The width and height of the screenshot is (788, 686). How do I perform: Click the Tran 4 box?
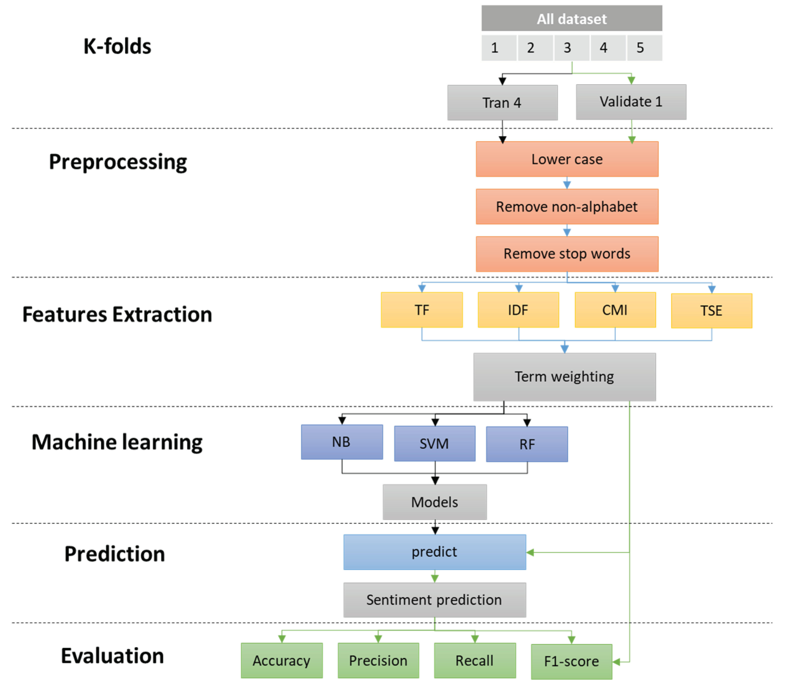pos(502,103)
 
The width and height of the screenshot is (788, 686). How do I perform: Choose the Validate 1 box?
pos(631,102)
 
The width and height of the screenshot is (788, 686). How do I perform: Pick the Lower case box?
pos(567,159)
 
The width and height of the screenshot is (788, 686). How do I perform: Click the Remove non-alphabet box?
pos(567,206)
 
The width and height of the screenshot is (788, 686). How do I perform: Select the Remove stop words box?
pos(567,254)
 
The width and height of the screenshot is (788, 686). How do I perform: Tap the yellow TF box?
pos(421,310)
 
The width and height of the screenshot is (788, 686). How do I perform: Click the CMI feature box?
pos(615,310)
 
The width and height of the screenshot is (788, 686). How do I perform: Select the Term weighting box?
pos(564,377)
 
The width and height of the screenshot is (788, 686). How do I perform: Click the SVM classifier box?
pos(434,443)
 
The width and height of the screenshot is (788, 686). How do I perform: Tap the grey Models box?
pos(434,502)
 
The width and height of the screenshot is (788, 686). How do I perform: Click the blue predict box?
pos(434,552)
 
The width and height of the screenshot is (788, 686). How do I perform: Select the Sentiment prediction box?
pos(434,599)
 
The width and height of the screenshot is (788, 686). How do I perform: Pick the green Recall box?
pos(475,660)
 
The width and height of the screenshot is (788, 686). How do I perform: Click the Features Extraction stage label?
pos(117,314)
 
